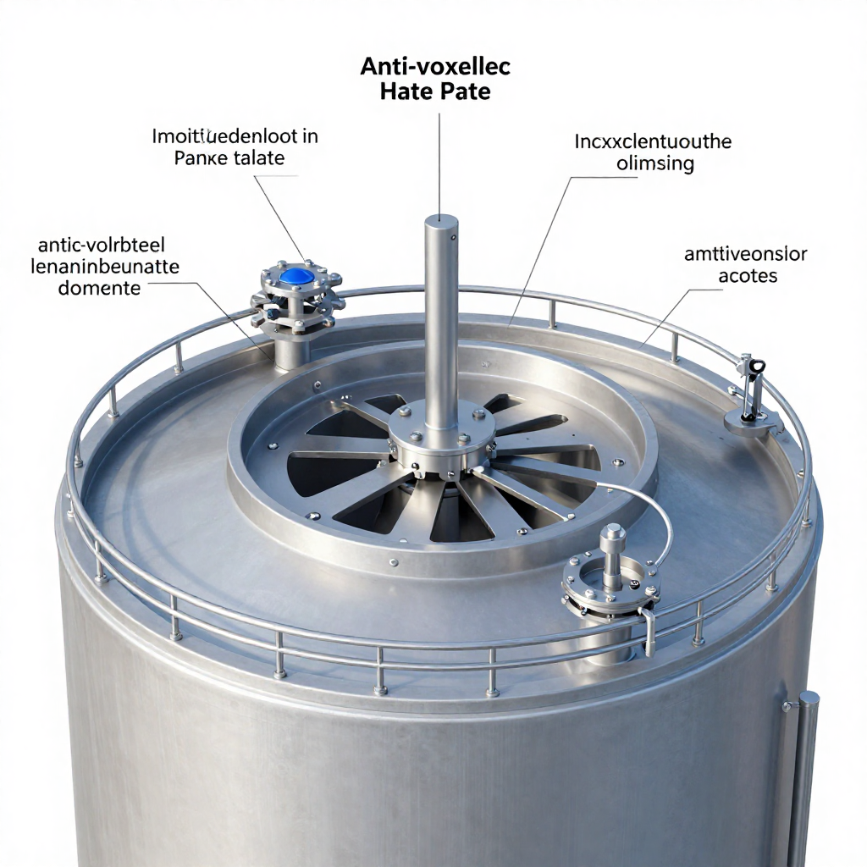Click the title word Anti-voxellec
pyautogui.click(x=435, y=67)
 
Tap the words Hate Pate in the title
pyautogui.click(x=435, y=91)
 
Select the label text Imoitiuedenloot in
pyautogui.click(x=235, y=135)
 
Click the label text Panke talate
pyautogui.click(x=229, y=157)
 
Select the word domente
pyautogui.click(x=99, y=288)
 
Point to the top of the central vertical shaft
pyautogui.click(x=441, y=223)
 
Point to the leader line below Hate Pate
pyautogui.click(x=440, y=161)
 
